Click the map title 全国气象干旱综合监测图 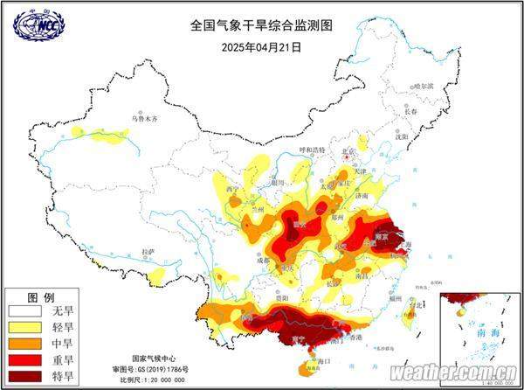coord(261,26)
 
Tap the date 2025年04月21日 coord(261,46)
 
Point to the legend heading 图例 coord(42,296)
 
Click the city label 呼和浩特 coord(307,150)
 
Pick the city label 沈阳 coord(401,136)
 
